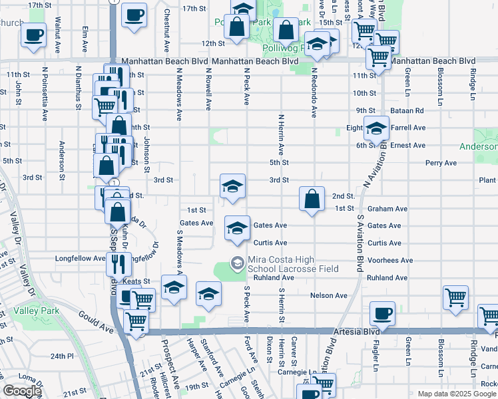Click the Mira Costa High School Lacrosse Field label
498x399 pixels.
(293, 264)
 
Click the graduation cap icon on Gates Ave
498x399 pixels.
(236, 228)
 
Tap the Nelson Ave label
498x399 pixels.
(329, 295)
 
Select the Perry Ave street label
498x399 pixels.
(441, 162)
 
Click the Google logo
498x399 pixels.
(22, 391)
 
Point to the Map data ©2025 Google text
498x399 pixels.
(456, 394)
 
